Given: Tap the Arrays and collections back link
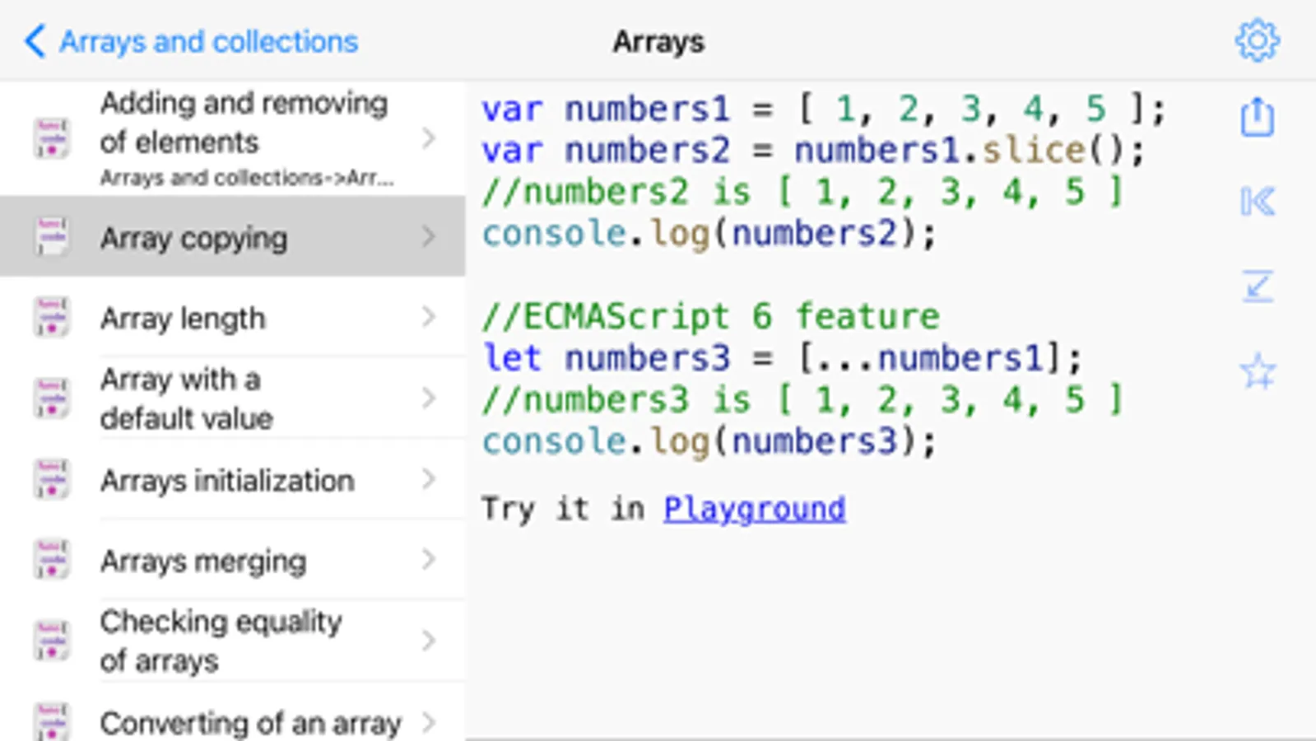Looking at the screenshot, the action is pyautogui.click(x=191, y=42).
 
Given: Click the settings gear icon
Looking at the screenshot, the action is pyautogui.click(x=1257, y=40).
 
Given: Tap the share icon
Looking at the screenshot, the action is pyautogui.click(x=1258, y=117).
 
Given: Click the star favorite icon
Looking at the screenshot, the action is pyautogui.click(x=1258, y=370).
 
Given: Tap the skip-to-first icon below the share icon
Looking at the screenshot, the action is pyautogui.click(x=1258, y=202).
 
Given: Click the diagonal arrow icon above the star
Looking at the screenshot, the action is pyautogui.click(x=1258, y=287).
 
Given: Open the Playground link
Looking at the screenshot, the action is pyautogui.click(x=755, y=509).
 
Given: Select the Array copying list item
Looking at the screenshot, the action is pyautogui.click(x=233, y=237).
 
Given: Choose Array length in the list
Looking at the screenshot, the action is pyautogui.click(x=233, y=317).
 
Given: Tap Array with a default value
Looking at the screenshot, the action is pyautogui.click(x=233, y=398).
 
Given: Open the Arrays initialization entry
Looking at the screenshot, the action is pyautogui.click(x=233, y=479).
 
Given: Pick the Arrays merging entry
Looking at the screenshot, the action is pyautogui.click(x=233, y=560).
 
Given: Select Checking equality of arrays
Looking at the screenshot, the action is pyautogui.click(x=233, y=641).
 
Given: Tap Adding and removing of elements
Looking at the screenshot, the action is pyautogui.click(x=233, y=138).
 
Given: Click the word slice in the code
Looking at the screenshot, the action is pyautogui.click(x=1034, y=151).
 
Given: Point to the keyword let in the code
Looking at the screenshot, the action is pyautogui.click(x=511, y=358).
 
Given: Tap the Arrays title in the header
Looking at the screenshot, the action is pyautogui.click(x=658, y=42).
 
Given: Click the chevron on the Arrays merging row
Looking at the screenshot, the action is pyautogui.click(x=429, y=559).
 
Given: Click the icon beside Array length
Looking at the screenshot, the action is pyautogui.click(x=52, y=317).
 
